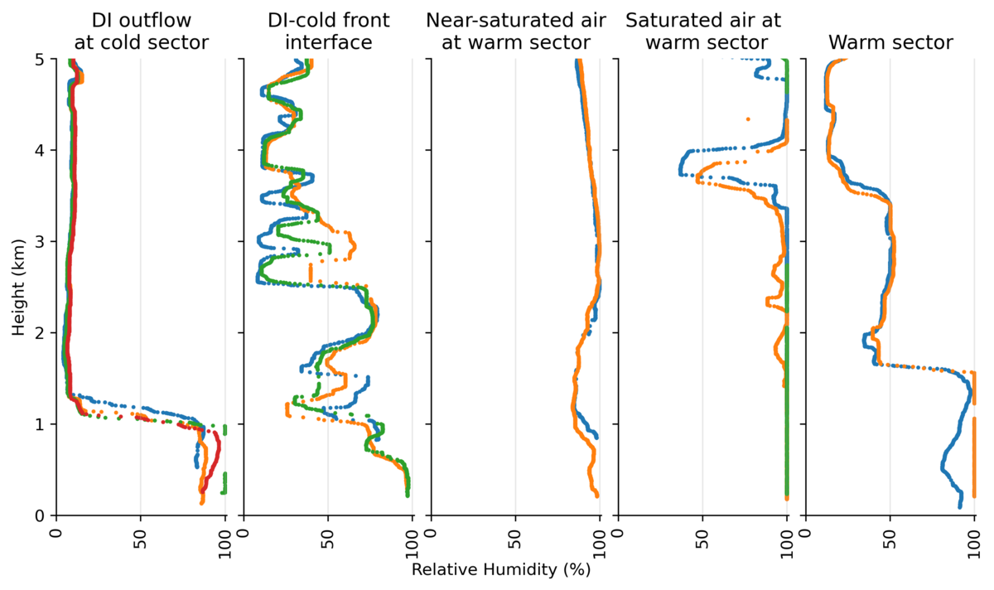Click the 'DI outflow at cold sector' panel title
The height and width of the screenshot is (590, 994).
pyautogui.click(x=141, y=31)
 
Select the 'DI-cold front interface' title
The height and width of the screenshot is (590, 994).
pyautogui.click(x=328, y=31)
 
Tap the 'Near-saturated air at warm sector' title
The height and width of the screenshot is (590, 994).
pyautogui.click(x=515, y=31)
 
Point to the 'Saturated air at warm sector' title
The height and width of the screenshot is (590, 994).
pyautogui.click(x=702, y=31)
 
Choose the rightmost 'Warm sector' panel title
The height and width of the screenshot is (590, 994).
pyautogui.click(x=890, y=41)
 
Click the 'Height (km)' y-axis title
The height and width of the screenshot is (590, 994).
pyautogui.click(x=18, y=287)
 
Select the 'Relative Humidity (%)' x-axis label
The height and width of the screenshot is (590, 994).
pyautogui.click(x=500, y=570)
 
